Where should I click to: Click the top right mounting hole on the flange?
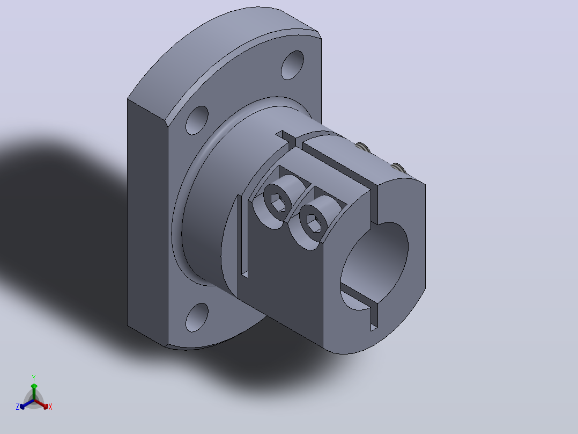292,65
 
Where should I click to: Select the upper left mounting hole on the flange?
197,120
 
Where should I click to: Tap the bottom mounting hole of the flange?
197,317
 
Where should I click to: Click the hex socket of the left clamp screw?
278,202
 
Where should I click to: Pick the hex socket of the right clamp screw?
314,223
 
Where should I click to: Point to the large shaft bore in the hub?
374,266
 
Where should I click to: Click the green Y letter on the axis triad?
34,378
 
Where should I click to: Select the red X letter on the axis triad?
50,407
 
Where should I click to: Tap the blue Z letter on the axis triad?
18,407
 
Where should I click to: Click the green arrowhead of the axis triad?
34,386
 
